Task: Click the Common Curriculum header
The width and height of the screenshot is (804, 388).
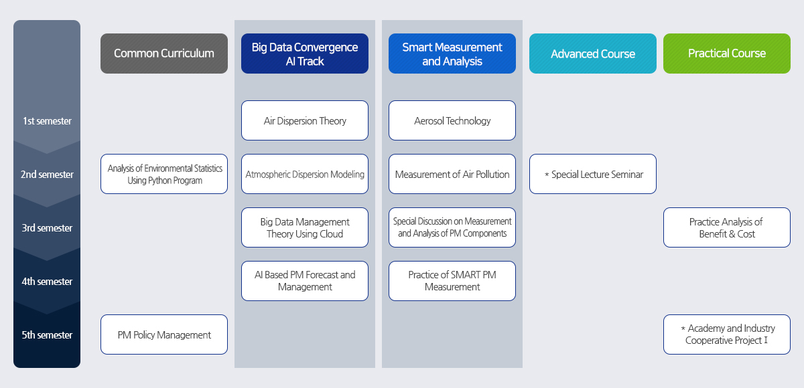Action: (x=164, y=54)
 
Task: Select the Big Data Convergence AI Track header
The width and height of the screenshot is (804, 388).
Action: (x=305, y=54)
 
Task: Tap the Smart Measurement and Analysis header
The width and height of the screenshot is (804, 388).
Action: (x=452, y=54)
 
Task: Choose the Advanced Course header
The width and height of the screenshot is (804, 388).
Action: (x=593, y=54)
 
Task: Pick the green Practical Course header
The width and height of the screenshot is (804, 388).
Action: (x=727, y=54)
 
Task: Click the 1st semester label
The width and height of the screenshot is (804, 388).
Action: (x=47, y=121)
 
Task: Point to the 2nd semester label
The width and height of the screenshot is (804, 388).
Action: (x=47, y=175)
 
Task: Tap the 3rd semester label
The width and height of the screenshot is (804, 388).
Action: (x=47, y=228)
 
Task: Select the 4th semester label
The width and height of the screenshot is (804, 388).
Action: (x=47, y=282)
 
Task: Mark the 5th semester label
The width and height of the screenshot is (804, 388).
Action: (x=47, y=335)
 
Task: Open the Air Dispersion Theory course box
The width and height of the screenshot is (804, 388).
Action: (x=305, y=120)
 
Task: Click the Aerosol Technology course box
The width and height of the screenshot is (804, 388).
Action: (x=452, y=120)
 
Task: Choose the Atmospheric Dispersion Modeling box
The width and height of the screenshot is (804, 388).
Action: (x=305, y=174)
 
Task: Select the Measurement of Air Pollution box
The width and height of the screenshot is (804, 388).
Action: (x=452, y=174)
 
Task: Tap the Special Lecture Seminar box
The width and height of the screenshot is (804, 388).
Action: (x=593, y=174)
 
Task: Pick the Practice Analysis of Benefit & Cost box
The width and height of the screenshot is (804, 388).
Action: (x=727, y=227)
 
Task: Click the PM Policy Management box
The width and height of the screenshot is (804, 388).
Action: (x=164, y=334)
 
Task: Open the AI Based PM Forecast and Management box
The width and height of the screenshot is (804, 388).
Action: (x=305, y=281)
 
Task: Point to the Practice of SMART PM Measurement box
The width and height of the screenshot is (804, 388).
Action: (x=452, y=281)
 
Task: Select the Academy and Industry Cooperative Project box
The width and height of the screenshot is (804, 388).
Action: (x=727, y=334)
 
